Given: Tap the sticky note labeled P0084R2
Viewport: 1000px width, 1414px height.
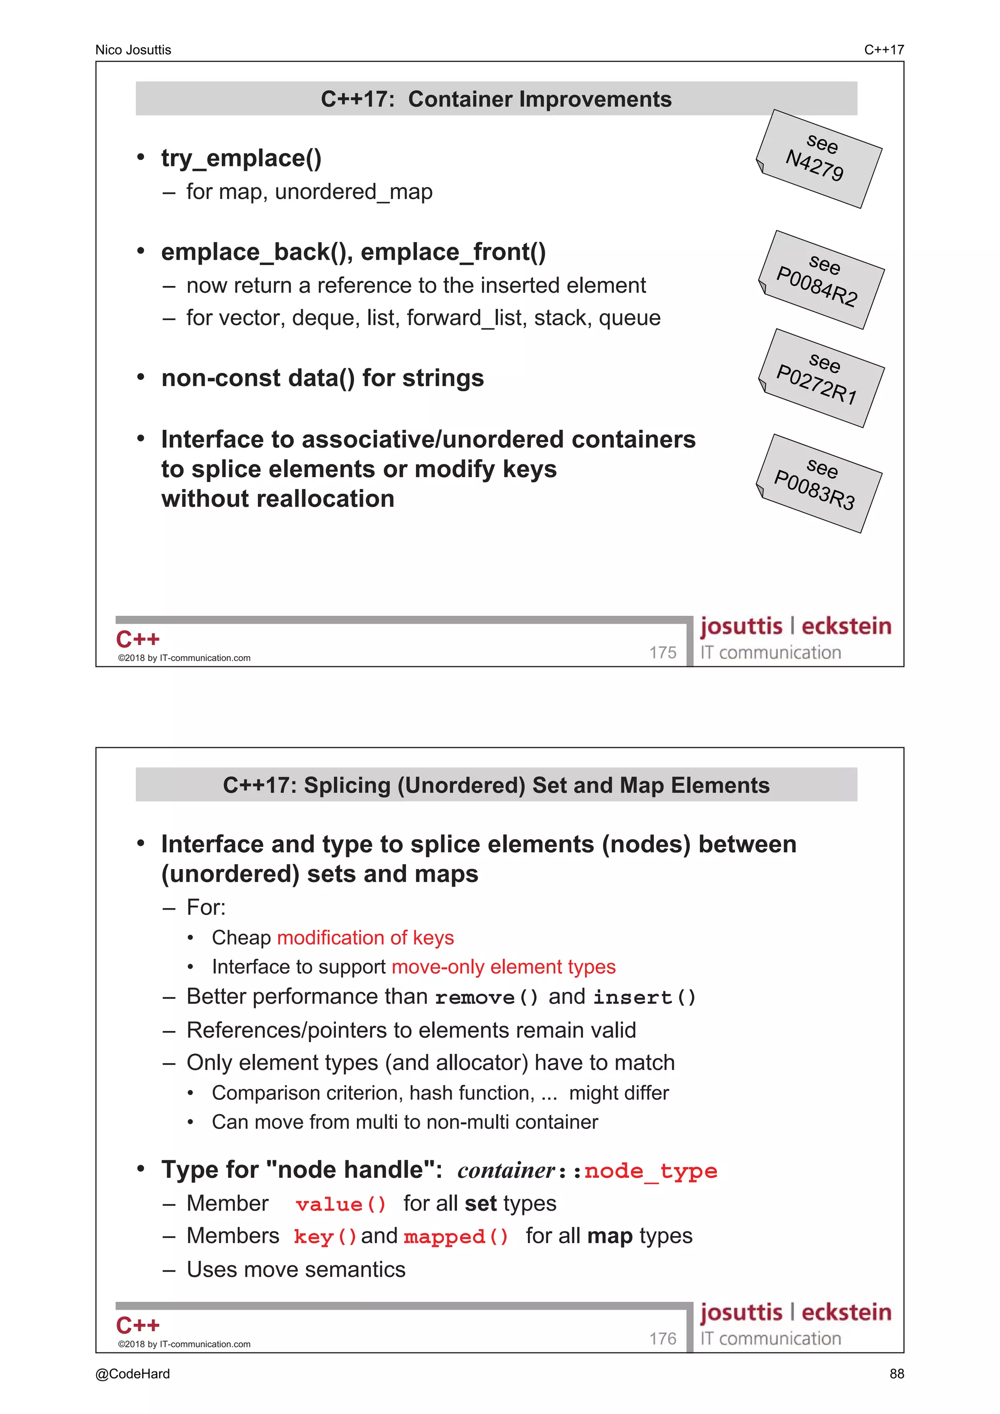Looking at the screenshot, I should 821,280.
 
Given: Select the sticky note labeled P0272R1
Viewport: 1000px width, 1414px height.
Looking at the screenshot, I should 821,378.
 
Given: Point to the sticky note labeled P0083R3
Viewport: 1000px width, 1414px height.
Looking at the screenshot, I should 819,483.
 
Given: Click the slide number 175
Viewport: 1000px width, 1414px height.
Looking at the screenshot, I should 663,652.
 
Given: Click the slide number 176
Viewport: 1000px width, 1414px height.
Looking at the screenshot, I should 663,1338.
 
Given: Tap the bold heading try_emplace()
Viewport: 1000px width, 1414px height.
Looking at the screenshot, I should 241,158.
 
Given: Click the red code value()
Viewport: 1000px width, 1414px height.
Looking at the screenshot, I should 341,1204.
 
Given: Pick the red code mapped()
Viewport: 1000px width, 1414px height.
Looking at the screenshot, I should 456,1236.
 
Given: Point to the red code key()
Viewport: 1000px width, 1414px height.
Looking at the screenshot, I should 325,1236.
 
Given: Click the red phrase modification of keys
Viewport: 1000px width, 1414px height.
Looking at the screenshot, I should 365,937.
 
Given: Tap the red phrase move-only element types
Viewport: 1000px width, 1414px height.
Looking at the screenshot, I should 503,967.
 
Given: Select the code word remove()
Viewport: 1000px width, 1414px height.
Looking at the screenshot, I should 486,997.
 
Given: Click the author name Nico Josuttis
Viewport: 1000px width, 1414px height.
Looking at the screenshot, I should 133,50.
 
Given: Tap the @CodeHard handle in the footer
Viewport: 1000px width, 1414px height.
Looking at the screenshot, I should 132,1374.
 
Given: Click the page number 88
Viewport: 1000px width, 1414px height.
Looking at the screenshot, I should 896,1374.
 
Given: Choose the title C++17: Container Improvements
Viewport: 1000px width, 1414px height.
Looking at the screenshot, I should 496,99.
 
